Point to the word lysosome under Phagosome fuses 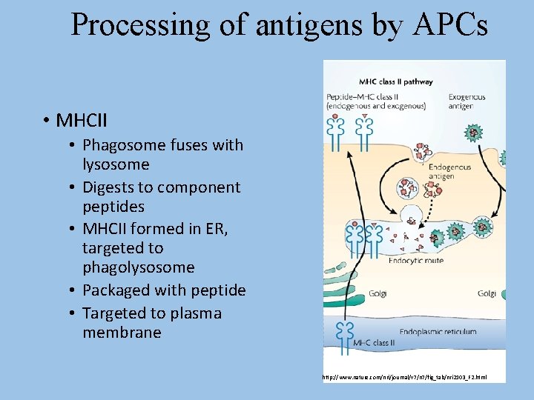[x=116, y=164]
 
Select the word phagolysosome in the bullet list [x=138, y=267]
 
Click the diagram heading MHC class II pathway [x=396, y=81]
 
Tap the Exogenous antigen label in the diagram [x=467, y=101]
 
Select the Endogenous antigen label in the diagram [x=449, y=172]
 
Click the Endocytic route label [x=411, y=260]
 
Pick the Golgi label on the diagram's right [x=487, y=293]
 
